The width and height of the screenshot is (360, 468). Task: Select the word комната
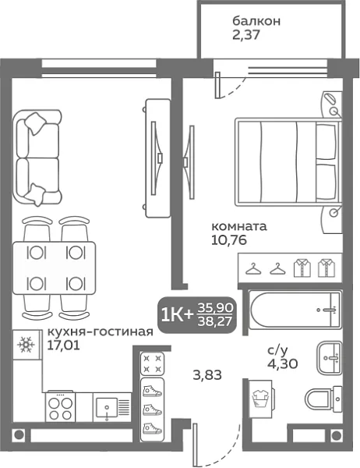[x=239, y=226]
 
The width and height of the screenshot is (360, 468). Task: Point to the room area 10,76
[x=228, y=240]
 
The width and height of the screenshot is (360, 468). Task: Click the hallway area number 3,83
[x=206, y=374]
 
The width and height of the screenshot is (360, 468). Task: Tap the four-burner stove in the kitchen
[x=60, y=406]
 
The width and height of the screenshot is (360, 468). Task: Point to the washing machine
[x=260, y=399]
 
